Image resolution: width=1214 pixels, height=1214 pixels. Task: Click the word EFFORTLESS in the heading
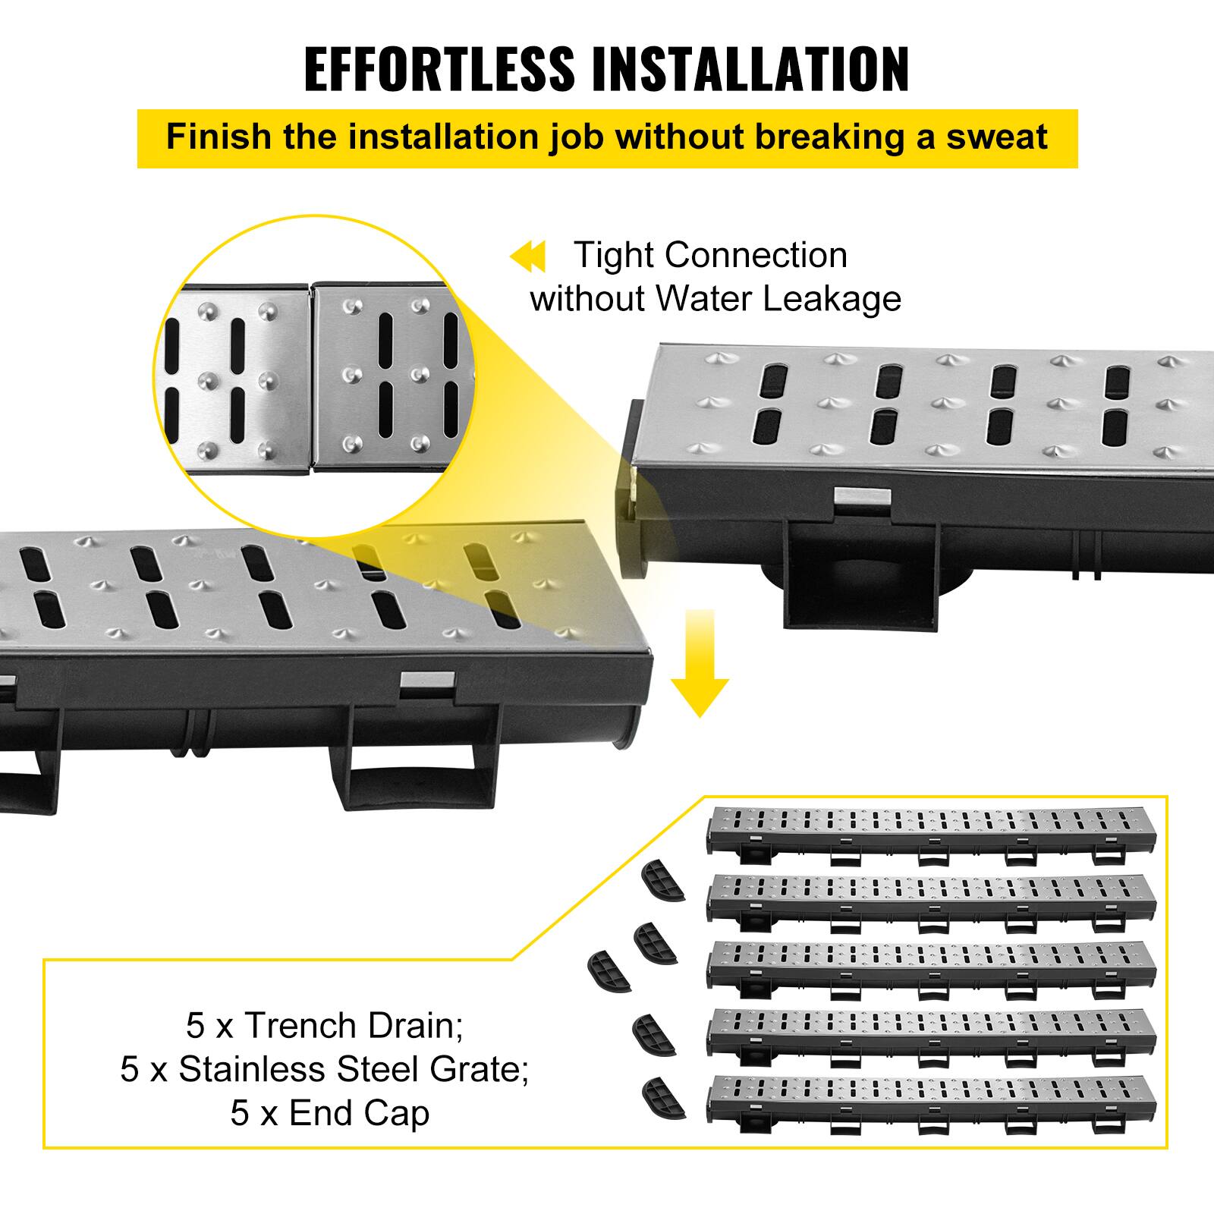point(440,70)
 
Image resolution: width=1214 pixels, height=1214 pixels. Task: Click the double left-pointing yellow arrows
point(527,257)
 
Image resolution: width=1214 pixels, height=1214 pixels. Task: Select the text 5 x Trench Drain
point(325,1026)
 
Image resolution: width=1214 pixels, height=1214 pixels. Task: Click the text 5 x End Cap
point(330,1113)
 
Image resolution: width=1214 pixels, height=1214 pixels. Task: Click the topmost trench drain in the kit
point(932,834)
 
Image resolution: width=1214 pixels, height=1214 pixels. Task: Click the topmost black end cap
point(662,882)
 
